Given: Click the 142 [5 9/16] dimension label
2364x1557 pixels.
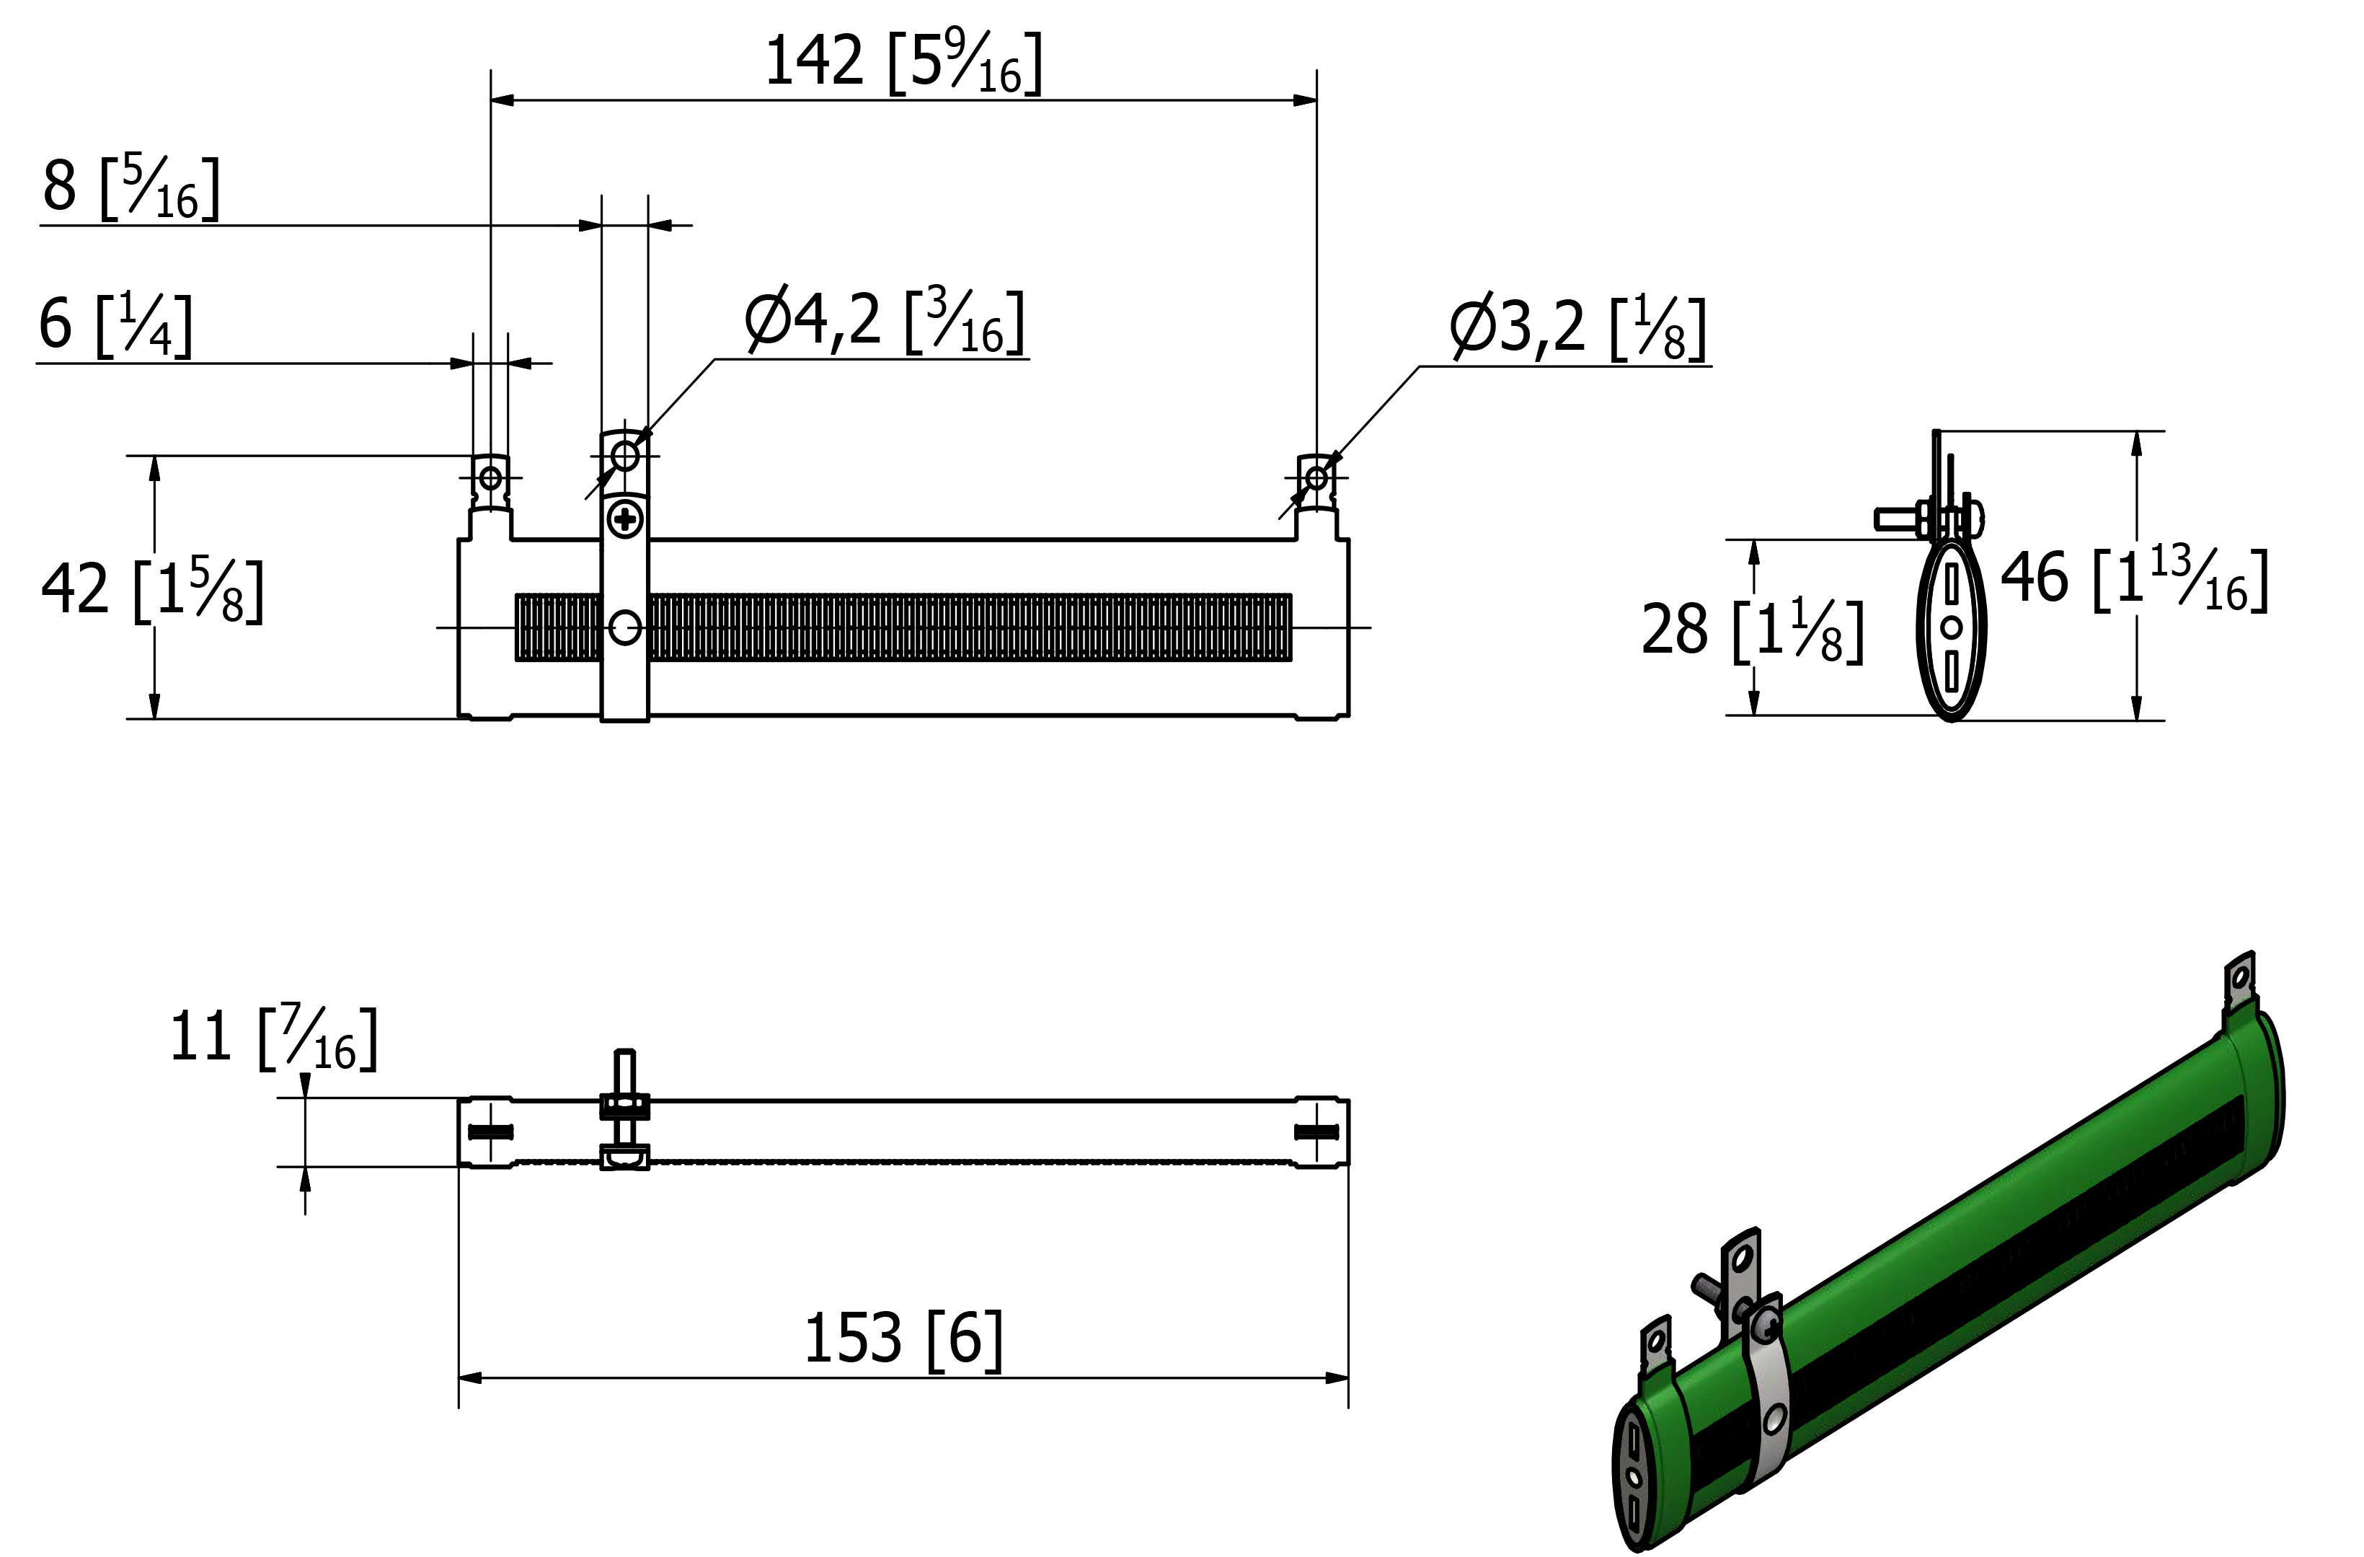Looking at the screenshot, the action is click(904, 63).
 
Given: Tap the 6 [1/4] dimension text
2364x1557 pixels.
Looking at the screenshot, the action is click(115, 325).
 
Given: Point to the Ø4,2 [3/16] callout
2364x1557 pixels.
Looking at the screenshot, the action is click(885, 321).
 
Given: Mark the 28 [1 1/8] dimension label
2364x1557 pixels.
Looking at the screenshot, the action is click(1752, 630).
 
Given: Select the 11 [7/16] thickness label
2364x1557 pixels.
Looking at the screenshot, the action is click(274, 1038).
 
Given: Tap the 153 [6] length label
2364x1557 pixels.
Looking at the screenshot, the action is click(903, 1338).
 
